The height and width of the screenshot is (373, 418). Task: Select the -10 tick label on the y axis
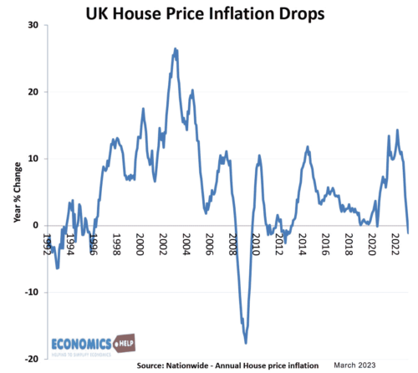coord(31,292)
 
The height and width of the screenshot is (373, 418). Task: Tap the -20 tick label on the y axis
coord(31,359)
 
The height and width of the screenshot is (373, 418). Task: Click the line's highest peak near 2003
coord(175,49)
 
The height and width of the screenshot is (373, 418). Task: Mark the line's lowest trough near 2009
coord(246,342)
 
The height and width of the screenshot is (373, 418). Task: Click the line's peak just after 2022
coord(397,130)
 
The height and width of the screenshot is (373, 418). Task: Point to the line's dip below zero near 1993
coord(57,268)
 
